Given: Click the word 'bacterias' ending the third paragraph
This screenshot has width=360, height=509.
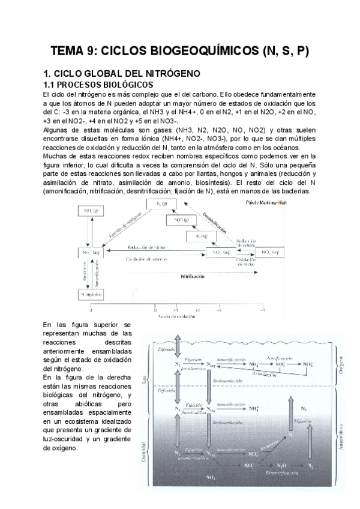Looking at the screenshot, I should coord(290,191).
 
